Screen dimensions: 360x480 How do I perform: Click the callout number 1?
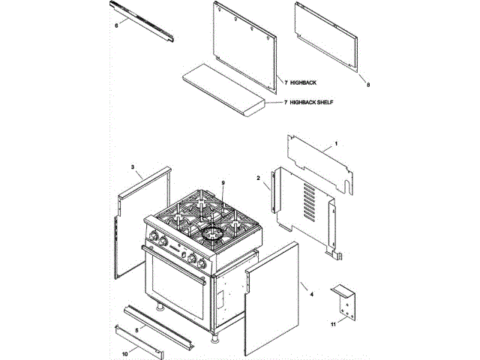[x=337, y=142]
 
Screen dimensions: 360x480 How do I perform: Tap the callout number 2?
[x=258, y=178]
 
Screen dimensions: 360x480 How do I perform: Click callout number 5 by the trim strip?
[x=137, y=329]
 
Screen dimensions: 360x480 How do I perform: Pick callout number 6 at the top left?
[x=116, y=25]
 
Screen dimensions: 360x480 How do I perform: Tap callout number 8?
[x=368, y=85]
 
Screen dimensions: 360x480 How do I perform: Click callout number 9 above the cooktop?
[x=223, y=183]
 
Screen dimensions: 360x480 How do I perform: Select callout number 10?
[x=124, y=353]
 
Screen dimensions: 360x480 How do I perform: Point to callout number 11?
[x=333, y=325]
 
